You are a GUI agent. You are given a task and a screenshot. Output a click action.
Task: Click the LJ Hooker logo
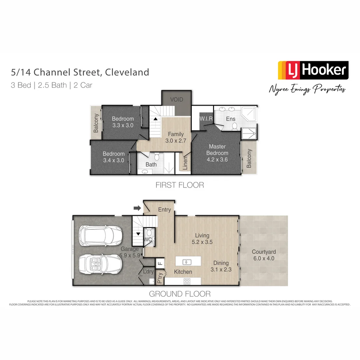click(x=313, y=70)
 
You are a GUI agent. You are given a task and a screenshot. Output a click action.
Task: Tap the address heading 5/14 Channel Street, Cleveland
click(x=80, y=72)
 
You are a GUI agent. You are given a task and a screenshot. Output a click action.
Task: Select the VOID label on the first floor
click(x=177, y=100)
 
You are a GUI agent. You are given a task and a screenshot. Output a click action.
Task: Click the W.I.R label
click(x=206, y=119)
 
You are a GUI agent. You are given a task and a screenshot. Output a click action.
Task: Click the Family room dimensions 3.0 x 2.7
click(x=176, y=141)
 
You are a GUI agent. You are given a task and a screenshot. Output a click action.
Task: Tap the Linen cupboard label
click(x=186, y=163)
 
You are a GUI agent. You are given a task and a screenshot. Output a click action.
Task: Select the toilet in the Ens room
click(x=234, y=126)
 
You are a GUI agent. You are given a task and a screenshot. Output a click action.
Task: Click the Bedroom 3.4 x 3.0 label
click(x=114, y=157)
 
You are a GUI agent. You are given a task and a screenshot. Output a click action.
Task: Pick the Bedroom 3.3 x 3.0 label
click(x=123, y=122)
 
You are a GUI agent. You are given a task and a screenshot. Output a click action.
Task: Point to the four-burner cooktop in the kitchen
click(x=187, y=282)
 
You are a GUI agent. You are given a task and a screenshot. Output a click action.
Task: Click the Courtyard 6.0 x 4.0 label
click(x=263, y=255)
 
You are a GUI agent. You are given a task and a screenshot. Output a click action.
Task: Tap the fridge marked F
click(x=160, y=263)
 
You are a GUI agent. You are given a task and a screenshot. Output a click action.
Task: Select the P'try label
click(x=160, y=278)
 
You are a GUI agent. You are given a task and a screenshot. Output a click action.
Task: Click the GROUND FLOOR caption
click(x=180, y=294)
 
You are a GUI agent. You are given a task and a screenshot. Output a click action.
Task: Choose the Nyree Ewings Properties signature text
click(x=307, y=89)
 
